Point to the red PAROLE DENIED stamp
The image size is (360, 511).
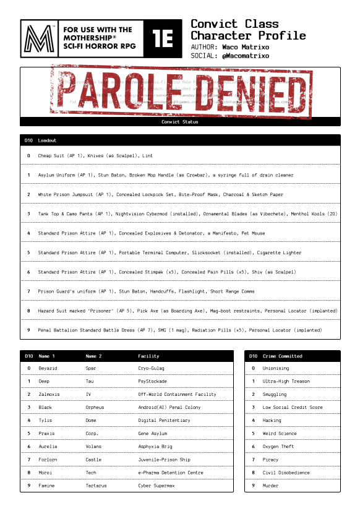pos(179,93)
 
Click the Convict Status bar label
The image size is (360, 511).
pos(179,122)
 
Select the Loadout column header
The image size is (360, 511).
pos(46,140)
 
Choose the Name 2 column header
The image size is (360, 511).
pos(94,356)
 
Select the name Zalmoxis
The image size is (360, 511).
pos(49,394)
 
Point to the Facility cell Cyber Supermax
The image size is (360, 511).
pos(156,486)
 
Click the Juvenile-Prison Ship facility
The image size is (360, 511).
pos(165,460)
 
